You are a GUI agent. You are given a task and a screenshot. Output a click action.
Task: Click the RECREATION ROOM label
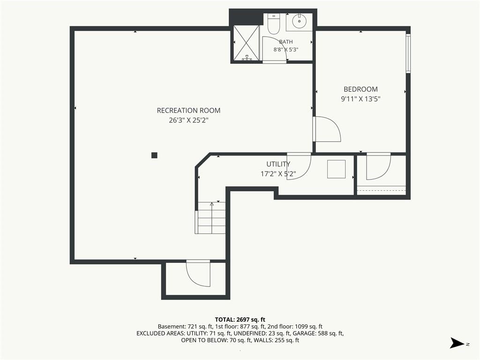(188, 111)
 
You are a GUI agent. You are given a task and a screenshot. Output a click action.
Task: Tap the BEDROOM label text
(360, 89)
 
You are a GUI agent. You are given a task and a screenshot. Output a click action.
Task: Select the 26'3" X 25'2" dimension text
(188, 120)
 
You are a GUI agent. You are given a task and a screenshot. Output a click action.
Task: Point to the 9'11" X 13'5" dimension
(360, 99)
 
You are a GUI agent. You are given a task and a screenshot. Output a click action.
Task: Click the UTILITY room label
(278, 164)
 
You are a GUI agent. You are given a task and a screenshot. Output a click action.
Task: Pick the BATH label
(286, 42)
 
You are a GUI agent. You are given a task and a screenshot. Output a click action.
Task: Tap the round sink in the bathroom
(299, 21)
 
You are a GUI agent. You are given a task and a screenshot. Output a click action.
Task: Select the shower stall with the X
(247, 43)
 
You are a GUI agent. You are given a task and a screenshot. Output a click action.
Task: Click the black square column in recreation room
(154, 155)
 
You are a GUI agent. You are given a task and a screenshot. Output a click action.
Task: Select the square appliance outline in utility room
(337, 169)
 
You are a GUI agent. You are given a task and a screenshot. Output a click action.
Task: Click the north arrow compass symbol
(457, 343)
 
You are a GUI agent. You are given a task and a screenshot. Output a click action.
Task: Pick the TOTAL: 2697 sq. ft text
(240, 320)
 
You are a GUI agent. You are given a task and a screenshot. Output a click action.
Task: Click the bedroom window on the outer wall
(408, 53)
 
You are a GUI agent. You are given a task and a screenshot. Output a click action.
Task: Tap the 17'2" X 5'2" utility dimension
(278, 174)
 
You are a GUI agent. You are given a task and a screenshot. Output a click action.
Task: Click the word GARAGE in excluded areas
(304, 333)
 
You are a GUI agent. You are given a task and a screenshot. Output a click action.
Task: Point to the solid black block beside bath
(246, 17)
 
